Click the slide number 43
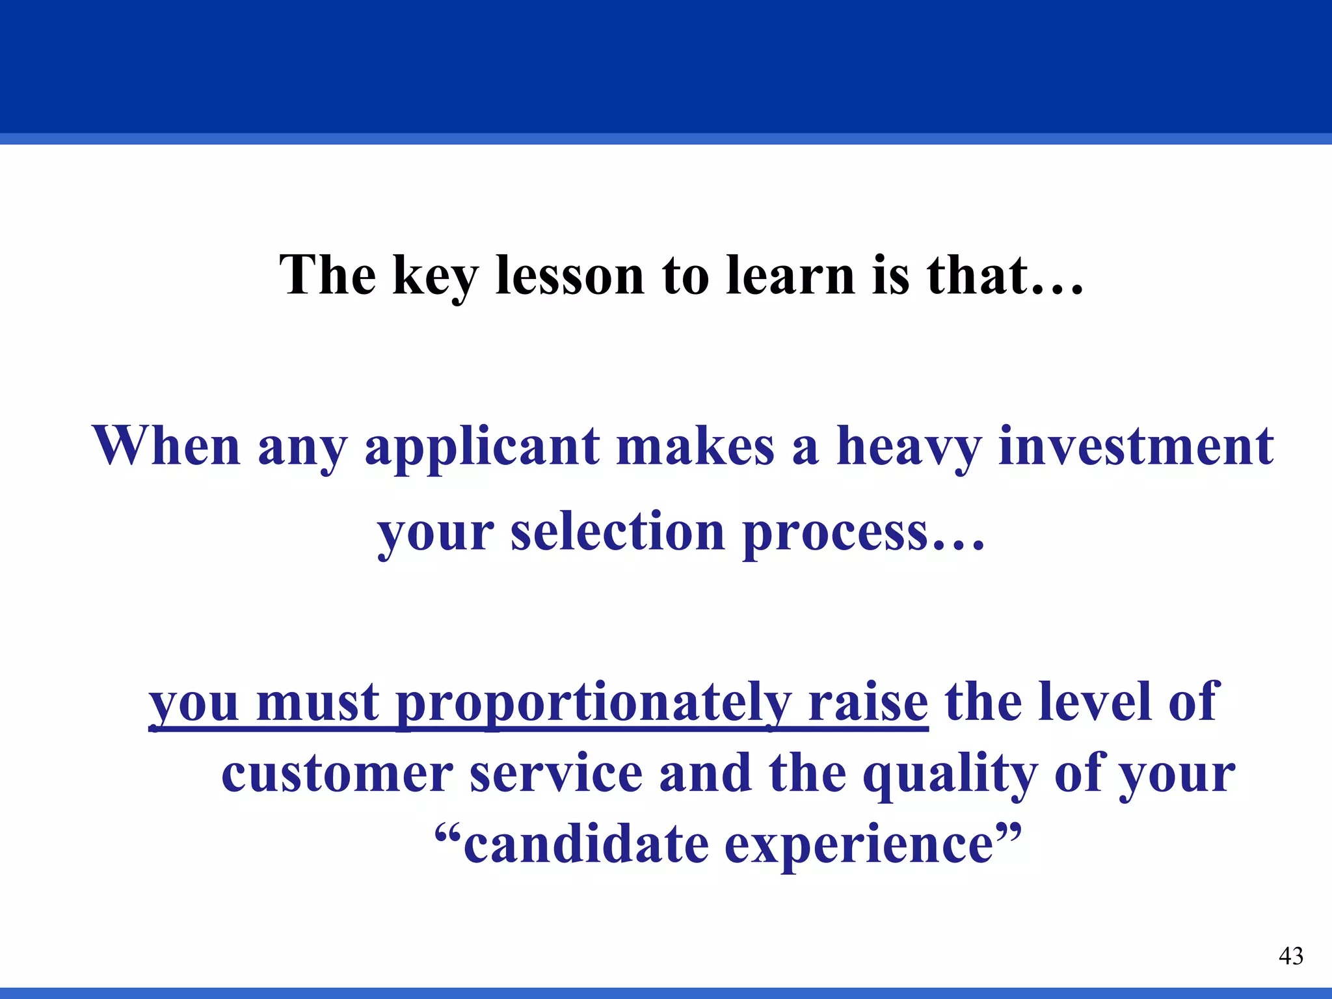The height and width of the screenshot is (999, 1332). (1290, 956)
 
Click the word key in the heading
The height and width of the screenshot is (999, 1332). (435, 276)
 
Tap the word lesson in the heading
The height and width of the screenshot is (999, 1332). (570, 276)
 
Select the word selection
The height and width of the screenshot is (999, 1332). (617, 532)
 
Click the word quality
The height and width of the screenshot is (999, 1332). (950, 775)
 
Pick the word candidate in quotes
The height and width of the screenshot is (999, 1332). (585, 846)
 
